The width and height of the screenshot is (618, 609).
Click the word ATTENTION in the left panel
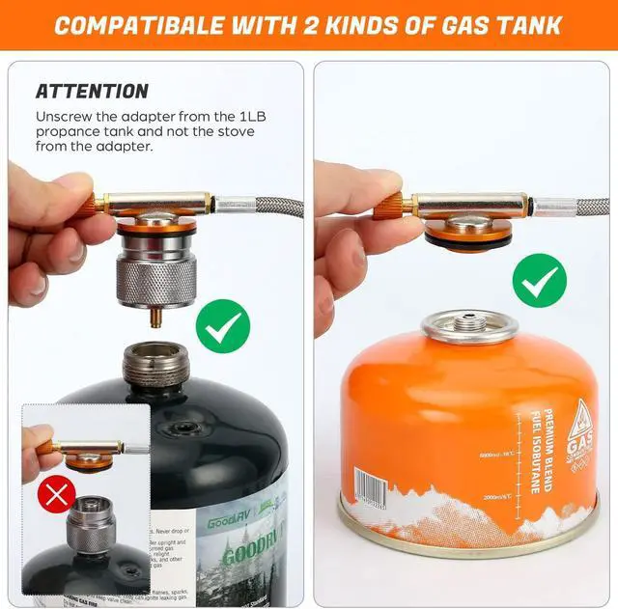[92, 92]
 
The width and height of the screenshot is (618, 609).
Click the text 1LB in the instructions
[251, 116]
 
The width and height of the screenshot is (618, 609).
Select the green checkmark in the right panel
[539, 280]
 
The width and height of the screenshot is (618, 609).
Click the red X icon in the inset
[56, 497]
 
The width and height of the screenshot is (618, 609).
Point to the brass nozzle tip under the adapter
[155, 318]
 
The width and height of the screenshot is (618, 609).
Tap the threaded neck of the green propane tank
[154, 365]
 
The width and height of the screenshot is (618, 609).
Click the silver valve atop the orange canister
[470, 326]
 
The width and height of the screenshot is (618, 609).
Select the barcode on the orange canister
[367, 487]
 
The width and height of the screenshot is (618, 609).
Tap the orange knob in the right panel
[388, 206]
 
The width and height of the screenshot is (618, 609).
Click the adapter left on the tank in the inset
[91, 521]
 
